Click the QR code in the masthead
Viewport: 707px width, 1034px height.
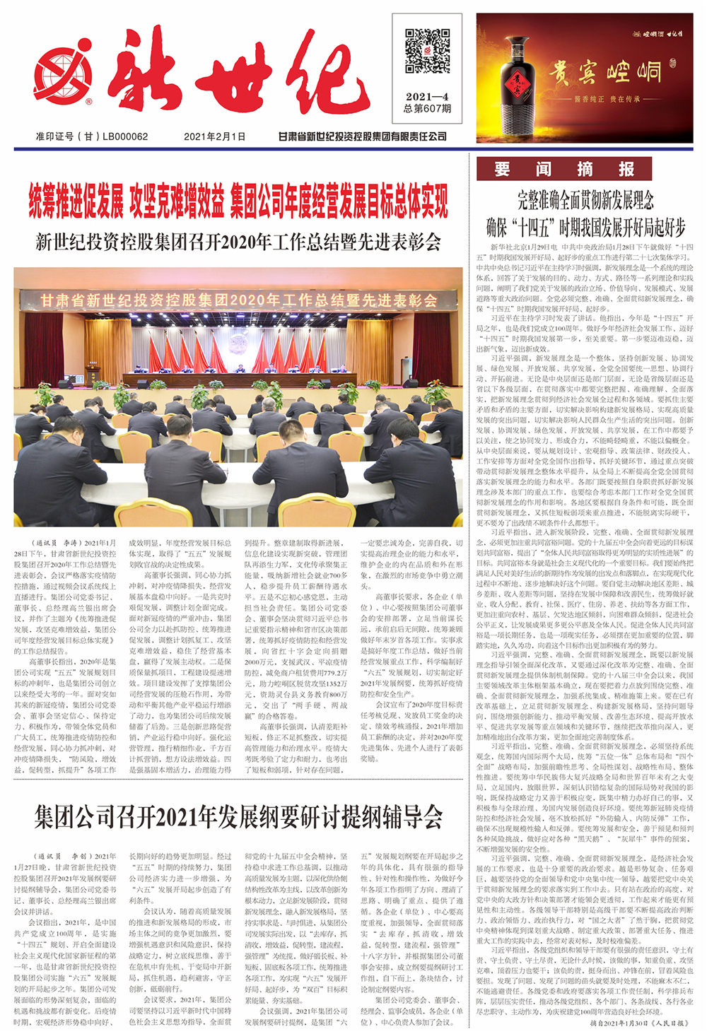click(427, 51)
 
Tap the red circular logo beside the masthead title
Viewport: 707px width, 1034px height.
click(63, 75)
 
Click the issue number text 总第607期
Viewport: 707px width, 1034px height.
click(427, 109)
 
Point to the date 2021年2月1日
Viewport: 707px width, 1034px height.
click(215, 136)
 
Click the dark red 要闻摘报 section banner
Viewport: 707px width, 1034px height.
click(563, 169)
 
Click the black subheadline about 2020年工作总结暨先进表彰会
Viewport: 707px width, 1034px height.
click(238, 242)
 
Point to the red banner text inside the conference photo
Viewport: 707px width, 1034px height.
click(238, 300)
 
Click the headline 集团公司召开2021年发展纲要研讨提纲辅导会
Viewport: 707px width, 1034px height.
click(238, 818)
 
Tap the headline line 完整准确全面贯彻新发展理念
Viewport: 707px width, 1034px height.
click(585, 200)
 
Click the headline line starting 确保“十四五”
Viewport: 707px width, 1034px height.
click(585, 227)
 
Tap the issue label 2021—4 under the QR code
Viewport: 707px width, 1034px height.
click(427, 97)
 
